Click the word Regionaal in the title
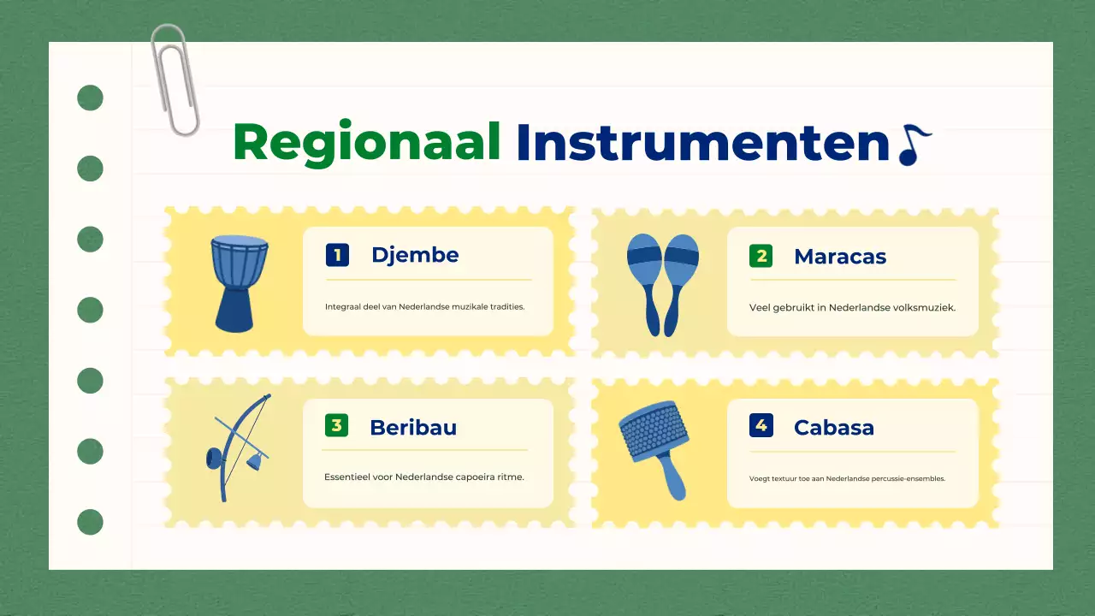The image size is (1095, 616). click(x=366, y=142)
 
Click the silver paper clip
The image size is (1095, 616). click(x=175, y=80)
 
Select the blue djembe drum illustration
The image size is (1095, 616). click(x=233, y=283)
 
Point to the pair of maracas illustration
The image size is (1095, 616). click(x=662, y=283)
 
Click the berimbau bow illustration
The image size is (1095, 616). click(x=234, y=447)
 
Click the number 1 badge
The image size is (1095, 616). click(x=337, y=255)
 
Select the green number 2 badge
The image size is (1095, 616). click(x=761, y=256)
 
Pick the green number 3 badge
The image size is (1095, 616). click(x=336, y=425)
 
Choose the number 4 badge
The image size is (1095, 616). click(x=761, y=425)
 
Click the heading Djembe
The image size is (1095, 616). click(x=415, y=255)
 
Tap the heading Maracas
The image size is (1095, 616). click(x=839, y=257)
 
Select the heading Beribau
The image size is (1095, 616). click(x=413, y=428)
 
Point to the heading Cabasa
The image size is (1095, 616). click(x=833, y=428)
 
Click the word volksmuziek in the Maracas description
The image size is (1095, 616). click(x=924, y=307)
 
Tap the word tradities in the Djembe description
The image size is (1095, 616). click(x=506, y=306)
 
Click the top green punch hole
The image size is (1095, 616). click(x=90, y=98)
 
